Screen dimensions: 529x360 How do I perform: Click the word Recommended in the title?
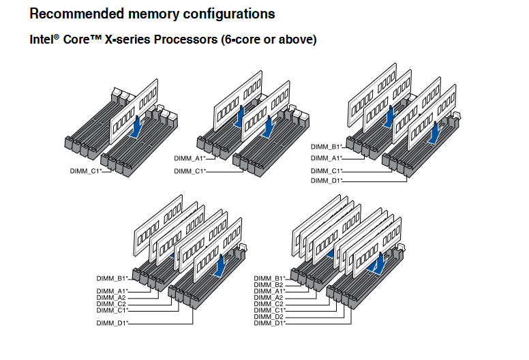pos(77,14)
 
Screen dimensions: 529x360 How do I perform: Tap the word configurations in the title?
pos(229,14)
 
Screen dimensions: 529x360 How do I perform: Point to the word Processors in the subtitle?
pos(186,40)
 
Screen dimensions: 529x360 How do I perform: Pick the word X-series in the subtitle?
pos(127,40)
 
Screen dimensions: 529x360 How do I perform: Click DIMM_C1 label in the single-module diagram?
pos(86,171)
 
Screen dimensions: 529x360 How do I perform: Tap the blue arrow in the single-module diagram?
pos(137,127)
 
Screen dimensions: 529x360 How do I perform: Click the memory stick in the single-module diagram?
pos(134,111)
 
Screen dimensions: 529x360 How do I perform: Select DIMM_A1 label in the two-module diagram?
pos(190,158)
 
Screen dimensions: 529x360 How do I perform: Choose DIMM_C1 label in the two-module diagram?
pos(190,171)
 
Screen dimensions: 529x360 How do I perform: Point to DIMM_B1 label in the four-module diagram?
pos(327,147)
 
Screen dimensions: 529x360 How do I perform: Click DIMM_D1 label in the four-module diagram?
pos(327,181)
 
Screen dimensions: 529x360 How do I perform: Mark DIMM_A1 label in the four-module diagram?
pos(327,158)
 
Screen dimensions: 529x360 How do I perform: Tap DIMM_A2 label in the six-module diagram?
pos(111,297)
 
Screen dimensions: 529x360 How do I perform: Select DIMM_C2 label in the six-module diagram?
pos(111,304)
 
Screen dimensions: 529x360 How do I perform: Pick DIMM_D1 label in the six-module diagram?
pos(112,323)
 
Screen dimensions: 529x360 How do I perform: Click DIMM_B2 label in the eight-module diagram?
pos(269,285)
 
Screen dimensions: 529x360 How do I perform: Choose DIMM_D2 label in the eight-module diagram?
pos(269,317)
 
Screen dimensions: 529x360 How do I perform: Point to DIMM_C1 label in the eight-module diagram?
pos(269,310)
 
